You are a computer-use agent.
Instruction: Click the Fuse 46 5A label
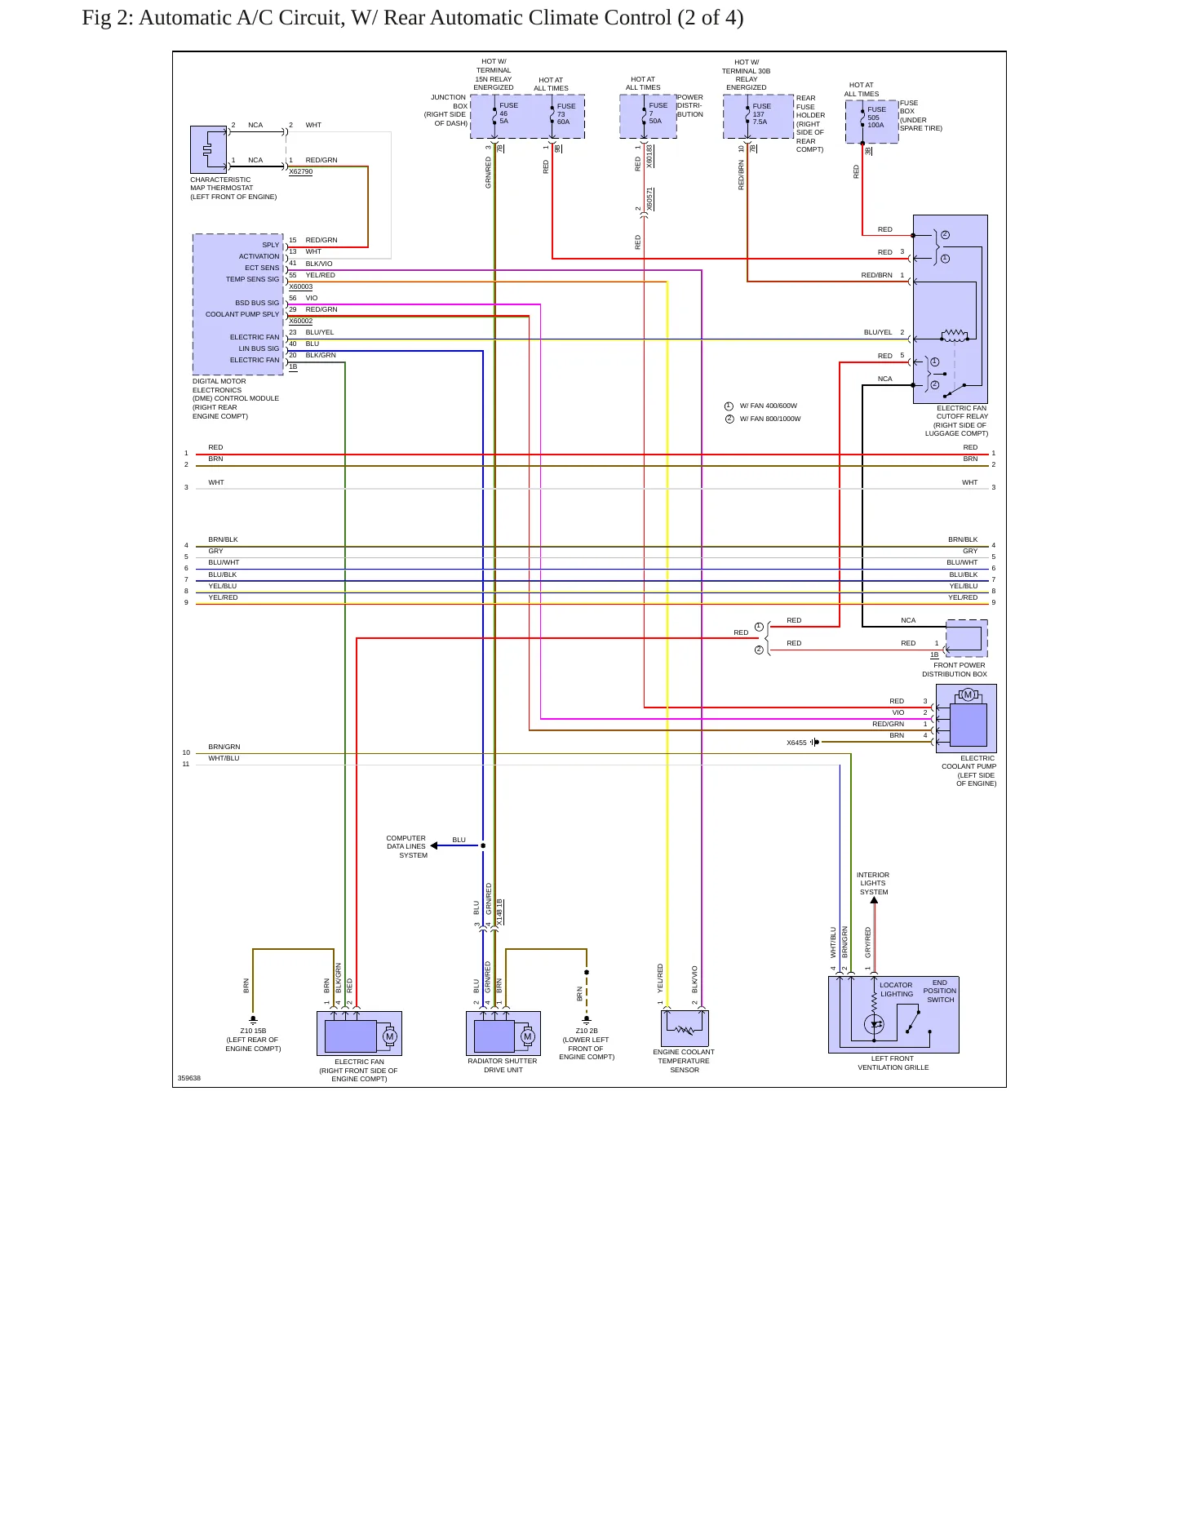pyautogui.click(x=508, y=113)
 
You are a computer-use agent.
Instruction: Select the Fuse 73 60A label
pyautogui.click(x=566, y=114)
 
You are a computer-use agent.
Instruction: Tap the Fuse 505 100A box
pyautogui.click(x=872, y=122)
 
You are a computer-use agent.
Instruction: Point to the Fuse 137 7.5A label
pyautogui.click(x=761, y=114)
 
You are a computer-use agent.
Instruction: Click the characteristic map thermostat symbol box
pyautogui.click(x=208, y=149)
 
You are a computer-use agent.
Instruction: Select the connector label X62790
pyautogui.click(x=300, y=172)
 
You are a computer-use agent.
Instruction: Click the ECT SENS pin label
pyautogui.click(x=262, y=268)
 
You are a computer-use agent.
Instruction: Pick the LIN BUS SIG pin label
pyautogui.click(x=259, y=348)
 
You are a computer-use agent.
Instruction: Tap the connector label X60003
pyautogui.click(x=300, y=287)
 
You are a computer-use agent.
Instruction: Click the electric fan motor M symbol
pyautogui.click(x=389, y=1037)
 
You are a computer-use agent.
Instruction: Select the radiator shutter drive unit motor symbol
pyautogui.click(x=527, y=1036)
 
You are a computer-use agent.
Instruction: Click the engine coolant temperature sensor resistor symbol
pyautogui.click(x=685, y=1029)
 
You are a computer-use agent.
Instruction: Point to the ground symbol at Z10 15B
pyautogui.click(x=253, y=1019)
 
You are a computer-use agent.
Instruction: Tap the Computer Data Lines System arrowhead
pyautogui.click(x=434, y=845)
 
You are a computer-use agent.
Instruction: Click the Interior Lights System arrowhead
pyautogui.click(x=874, y=900)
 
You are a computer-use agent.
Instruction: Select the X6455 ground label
pyautogui.click(x=796, y=743)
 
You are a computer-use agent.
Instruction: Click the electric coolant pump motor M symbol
pyautogui.click(x=968, y=695)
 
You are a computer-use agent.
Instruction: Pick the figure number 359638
pyautogui.click(x=189, y=1078)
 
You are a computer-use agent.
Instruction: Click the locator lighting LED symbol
pyautogui.click(x=874, y=1024)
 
